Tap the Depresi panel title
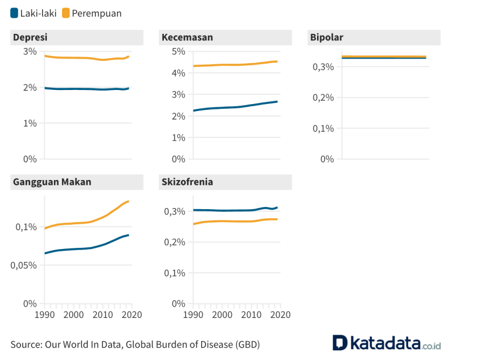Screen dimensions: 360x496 pos(30,37)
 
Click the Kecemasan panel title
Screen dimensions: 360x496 pos(187,37)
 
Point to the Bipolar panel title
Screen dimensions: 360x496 pos(327,37)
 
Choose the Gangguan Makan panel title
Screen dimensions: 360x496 pos(52,182)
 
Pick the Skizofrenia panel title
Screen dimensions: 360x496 pos(187,182)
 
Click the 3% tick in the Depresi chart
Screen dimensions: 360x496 pos(30,51)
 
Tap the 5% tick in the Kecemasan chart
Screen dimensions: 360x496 pos(178,51)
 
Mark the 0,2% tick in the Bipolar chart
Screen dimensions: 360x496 pos(323,98)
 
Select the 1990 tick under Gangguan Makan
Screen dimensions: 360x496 pos(45,315)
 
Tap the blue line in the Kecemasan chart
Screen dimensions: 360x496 pos(232,107)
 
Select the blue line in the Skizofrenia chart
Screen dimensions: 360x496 pos(232,210)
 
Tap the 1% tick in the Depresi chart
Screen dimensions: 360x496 pos(30,123)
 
